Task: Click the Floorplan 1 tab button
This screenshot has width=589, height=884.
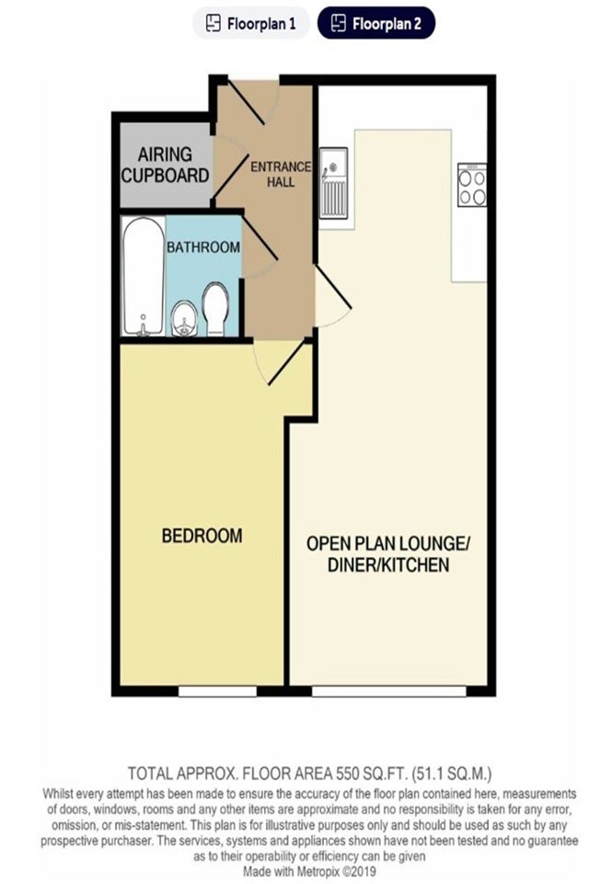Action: (x=251, y=23)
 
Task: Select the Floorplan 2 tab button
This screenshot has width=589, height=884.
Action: (x=375, y=23)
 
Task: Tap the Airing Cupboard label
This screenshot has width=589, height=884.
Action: (x=165, y=165)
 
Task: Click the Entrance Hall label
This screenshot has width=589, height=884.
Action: (x=281, y=174)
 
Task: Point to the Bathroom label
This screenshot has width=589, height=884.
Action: (x=202, y=247)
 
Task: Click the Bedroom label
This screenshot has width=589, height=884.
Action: (x=202, y=536)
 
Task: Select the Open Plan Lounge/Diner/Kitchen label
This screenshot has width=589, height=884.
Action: (x=388, y=554)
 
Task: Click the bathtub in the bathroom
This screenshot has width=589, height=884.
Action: (x=144, y=276)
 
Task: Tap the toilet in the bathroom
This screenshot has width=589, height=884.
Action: (x=214, y=309)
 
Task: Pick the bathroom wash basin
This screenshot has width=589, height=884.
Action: (x=184, y=320)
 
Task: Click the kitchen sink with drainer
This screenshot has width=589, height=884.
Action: (x=333, y=183)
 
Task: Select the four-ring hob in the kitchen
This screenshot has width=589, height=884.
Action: (x=472, y=185)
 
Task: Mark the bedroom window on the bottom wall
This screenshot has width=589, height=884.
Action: (x=217, y=692)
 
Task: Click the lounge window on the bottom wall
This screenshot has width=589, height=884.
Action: (x=389, y=692)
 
